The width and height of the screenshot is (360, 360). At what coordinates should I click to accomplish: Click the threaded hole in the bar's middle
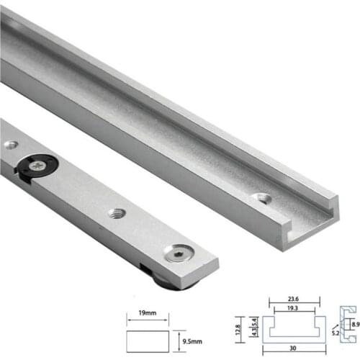pos(117,213)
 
